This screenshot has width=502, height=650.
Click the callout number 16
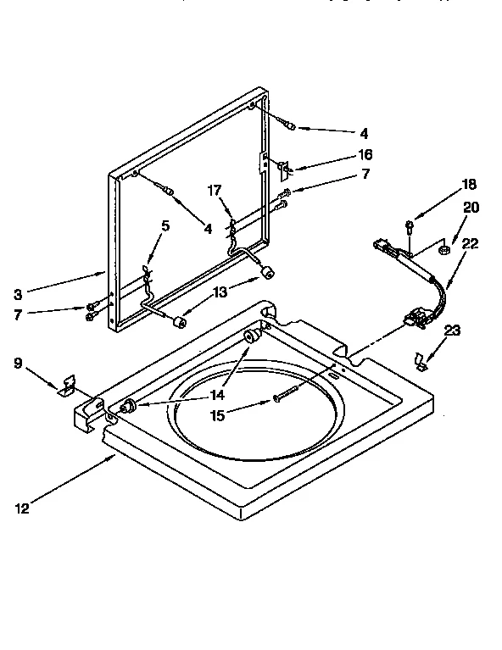[365, 155]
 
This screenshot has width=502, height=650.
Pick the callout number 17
[215, 192]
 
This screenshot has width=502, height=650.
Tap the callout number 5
[165, 225]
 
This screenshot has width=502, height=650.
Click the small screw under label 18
[409, 226]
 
